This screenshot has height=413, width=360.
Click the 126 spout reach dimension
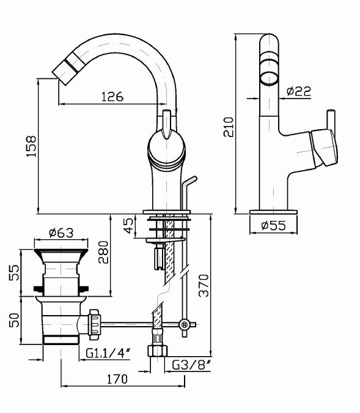[112, 97]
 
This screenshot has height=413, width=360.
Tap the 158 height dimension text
[31, 146]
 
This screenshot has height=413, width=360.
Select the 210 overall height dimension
[228, 127]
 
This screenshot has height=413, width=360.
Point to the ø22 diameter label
[299, 91]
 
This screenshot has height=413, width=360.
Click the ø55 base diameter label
[273, 225]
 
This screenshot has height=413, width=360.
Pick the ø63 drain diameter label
[61, 233]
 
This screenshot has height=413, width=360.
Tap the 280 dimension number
[103, 252]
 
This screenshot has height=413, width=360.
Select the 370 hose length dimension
[204, 286]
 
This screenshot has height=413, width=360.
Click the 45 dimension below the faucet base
[129, 225]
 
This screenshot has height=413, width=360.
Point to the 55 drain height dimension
[14, 272]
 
